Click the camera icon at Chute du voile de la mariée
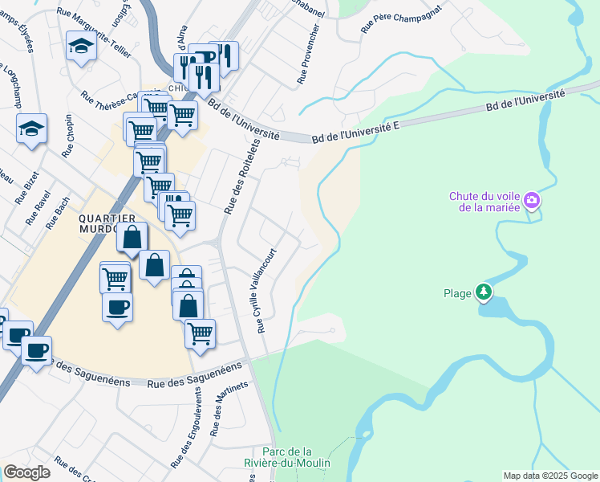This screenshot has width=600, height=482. [x=531, y=202]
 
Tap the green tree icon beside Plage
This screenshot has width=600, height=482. [x=484, y=292]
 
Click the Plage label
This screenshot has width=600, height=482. [x=457, y=293]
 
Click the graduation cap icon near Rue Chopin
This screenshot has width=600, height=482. [x=31, y=129]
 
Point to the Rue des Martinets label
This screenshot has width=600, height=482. [x=220, y=410]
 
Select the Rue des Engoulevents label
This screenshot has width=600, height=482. [x=184, y=428]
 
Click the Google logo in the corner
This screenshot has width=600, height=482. [x=26, y=472]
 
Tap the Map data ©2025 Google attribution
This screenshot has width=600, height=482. [x=550, y=476]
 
